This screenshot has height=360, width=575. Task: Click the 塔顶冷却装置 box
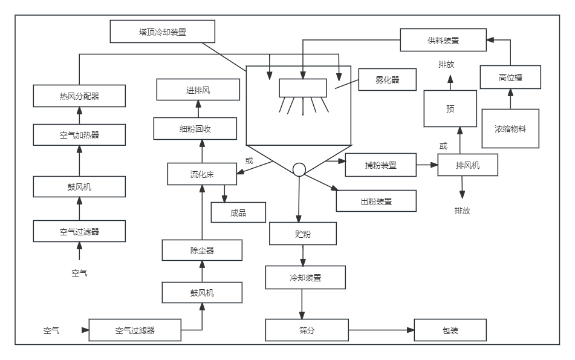click(x=163, y=31)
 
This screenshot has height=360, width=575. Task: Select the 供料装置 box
click(x=443, y=41)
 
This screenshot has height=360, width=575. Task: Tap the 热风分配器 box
click(x=79, y=96)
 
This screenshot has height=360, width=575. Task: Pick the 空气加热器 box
click(x=79, y=135)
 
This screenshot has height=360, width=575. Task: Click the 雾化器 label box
click(x=388, y=79)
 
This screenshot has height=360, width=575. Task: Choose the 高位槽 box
click(x=510, y=77)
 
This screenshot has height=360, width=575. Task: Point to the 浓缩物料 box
click(x=510, y=128)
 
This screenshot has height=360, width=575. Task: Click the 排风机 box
click(x=467, y=165)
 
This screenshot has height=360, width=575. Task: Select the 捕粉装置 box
click(x=380, y=165)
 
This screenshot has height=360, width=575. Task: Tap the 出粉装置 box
click(x=376, y=201)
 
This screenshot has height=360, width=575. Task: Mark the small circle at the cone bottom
click(x=299, y=169)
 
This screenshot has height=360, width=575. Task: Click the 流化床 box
click(x=202, y=174)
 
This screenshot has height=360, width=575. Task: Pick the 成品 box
click(x=238, y=212)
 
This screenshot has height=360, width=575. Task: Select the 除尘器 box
click(x=202, y=250)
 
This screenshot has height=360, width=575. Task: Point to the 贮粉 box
click(x=303, y=234)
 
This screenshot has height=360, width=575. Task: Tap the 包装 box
click(x=450, y=330)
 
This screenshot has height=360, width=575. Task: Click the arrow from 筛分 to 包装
click(x=381, y=330)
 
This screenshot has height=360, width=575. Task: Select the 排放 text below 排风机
click(x=463, y=211)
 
